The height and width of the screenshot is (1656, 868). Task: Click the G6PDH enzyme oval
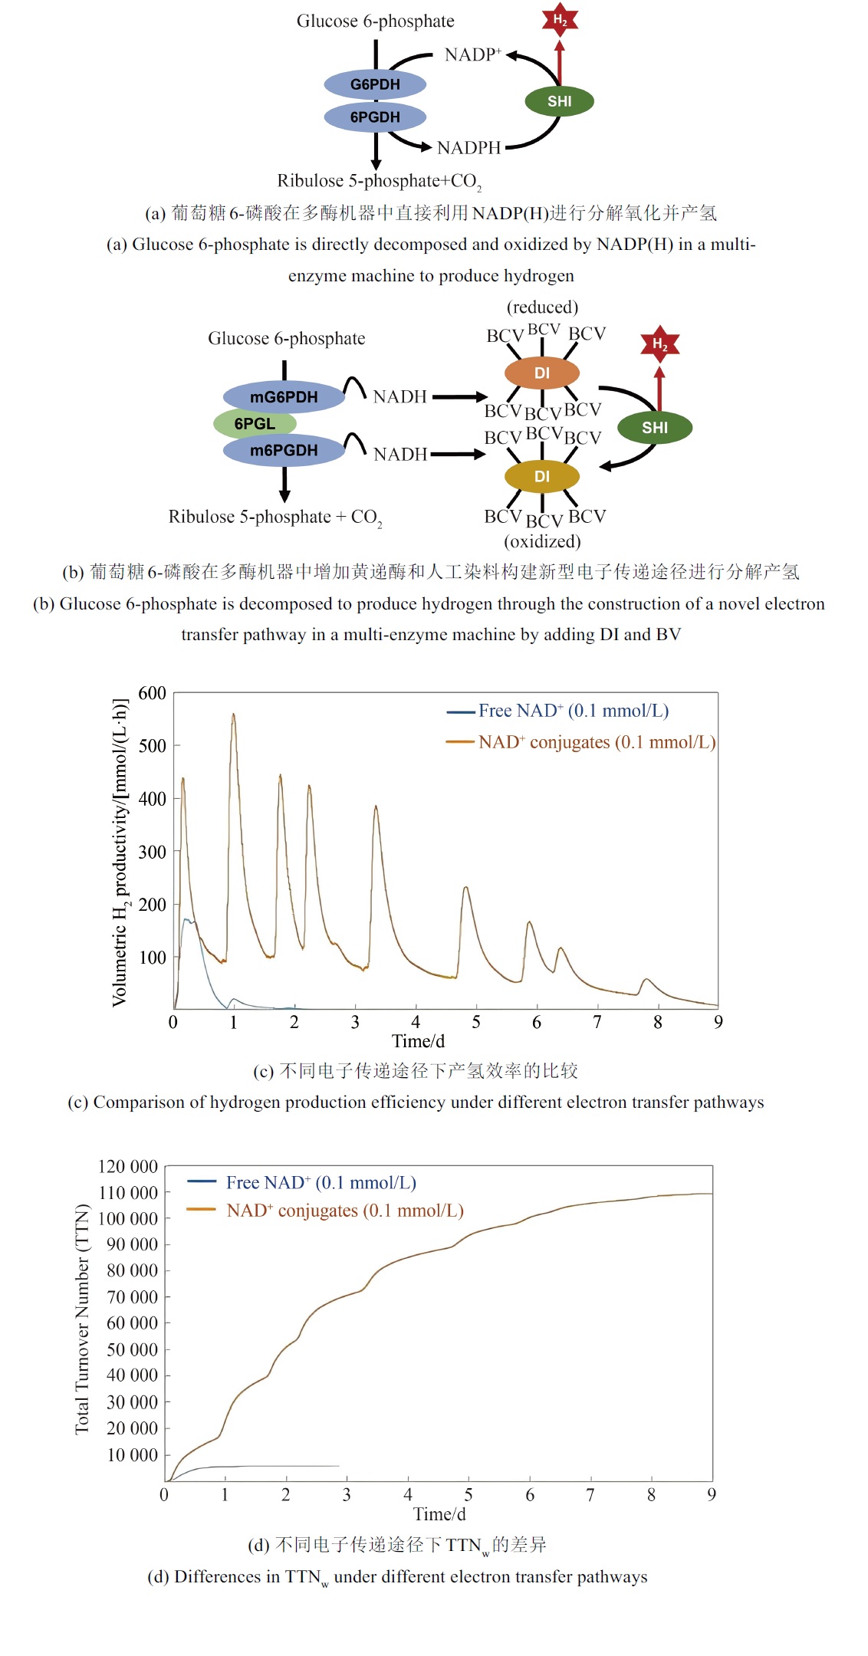coord(375,84)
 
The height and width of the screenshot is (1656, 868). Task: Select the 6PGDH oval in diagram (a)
coord(375,117)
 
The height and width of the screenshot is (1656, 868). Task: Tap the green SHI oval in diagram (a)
coord(559,101)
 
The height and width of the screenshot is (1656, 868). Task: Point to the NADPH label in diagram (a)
coord(469,147)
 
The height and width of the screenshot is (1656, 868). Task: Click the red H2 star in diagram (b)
coord(659,344)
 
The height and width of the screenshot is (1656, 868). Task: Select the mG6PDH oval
coord(284,397)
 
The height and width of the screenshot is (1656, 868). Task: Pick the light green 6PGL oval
coord(255,424)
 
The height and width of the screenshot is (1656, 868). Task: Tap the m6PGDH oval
coord(284,450)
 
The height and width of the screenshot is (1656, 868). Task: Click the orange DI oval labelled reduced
coord(541,373)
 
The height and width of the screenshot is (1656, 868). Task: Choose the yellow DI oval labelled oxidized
coord(541,476)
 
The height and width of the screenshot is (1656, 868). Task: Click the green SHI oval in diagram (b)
coord(654,428)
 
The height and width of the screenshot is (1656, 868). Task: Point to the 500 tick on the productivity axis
coord(152,746)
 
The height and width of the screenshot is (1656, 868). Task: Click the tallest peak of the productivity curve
coord(233,715)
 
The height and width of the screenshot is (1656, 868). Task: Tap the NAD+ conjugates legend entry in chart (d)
coord(344,1211)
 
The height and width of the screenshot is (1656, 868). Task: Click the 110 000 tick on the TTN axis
coord(128,1193)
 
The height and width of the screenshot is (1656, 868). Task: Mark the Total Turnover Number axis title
coord(82,1319)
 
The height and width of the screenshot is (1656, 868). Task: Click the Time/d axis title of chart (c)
coord(418,1041)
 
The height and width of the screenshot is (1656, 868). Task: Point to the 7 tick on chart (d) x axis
coord(590,1494)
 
